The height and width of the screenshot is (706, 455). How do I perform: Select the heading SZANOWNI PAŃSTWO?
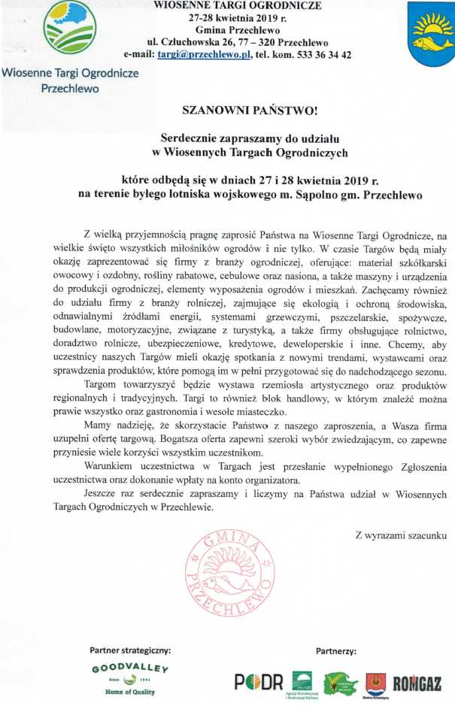250,111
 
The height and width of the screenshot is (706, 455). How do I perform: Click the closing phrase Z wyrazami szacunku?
401,535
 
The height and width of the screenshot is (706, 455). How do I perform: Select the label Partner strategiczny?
130,650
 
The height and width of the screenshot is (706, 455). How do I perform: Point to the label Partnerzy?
335,650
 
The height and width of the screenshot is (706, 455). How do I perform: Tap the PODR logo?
259,682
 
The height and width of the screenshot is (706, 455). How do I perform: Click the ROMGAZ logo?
420,683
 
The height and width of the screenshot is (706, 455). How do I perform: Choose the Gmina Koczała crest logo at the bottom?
375,683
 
